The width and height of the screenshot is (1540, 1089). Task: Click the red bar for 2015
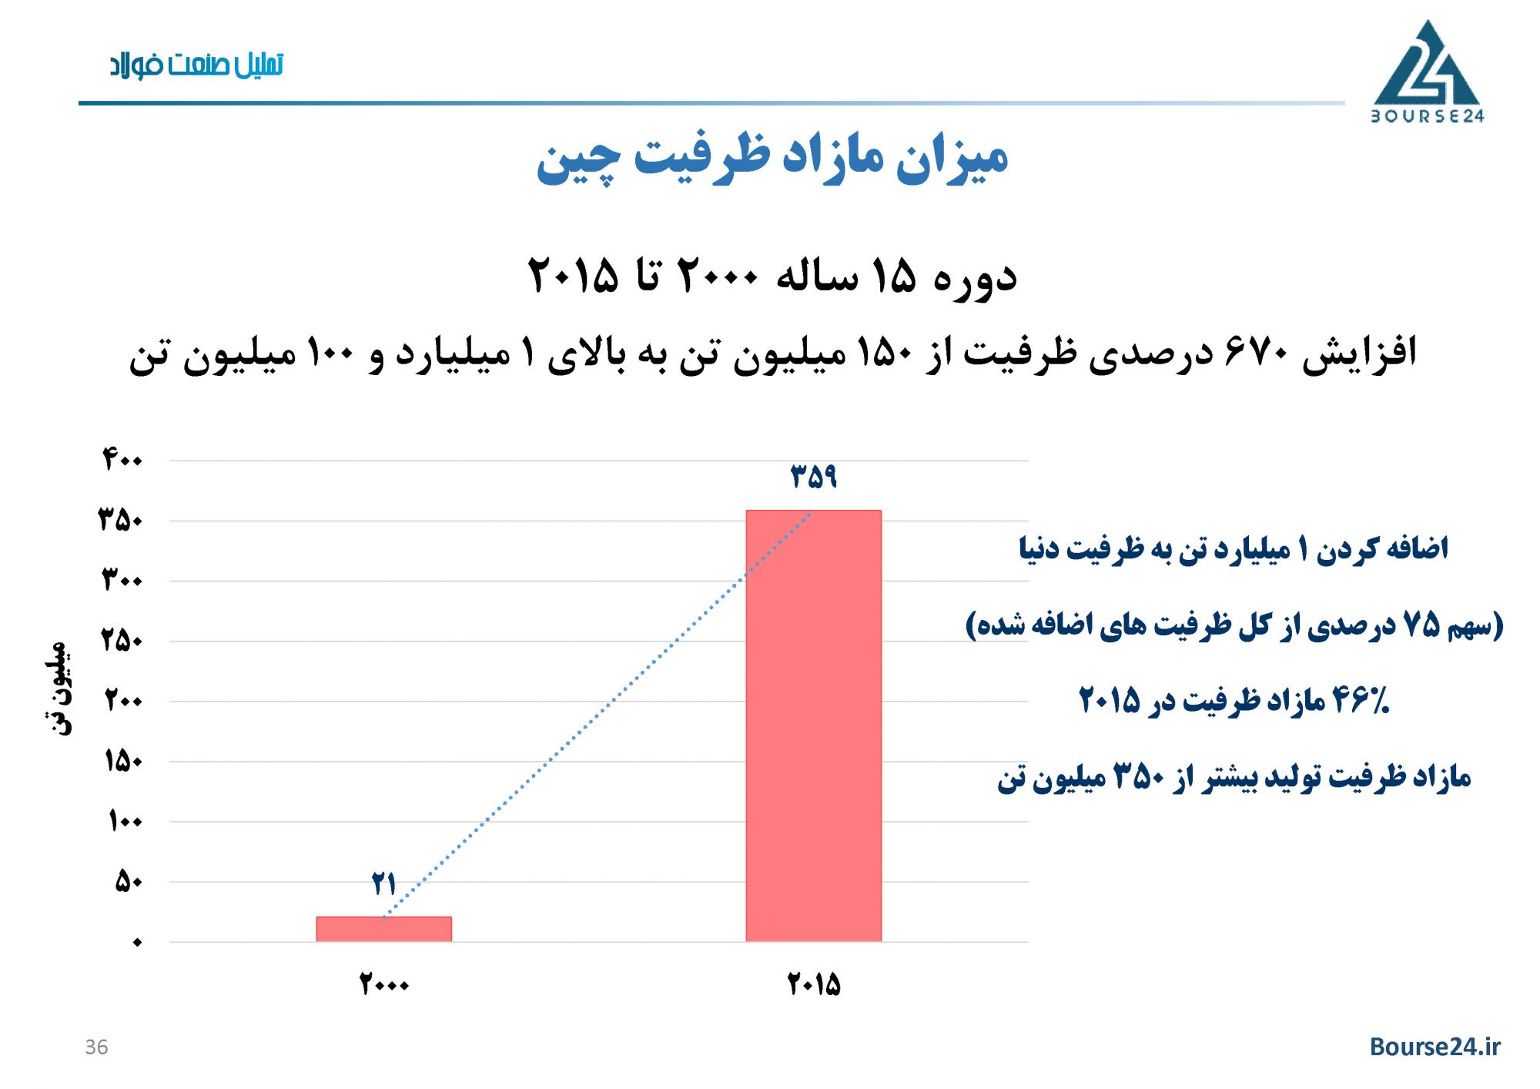(813, 725)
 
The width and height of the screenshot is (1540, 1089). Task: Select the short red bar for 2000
(383, 929)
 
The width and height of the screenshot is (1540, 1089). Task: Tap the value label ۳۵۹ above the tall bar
(814, 476)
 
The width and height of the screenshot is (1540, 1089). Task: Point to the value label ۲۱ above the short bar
(383, 883)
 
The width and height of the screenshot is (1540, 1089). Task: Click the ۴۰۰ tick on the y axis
(122, 460)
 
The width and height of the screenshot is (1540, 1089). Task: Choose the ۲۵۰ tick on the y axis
(122, 641)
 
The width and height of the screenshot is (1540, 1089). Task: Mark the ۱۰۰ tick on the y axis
(125, 821)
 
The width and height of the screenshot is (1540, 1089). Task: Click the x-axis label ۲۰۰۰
(383, 984)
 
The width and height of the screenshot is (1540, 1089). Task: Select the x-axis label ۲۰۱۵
(813, 984)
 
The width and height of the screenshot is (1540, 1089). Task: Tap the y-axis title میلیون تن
(59, 688)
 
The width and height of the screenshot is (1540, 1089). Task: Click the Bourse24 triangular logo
(1427, 71)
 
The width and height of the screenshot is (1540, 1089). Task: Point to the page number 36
(96, 1047)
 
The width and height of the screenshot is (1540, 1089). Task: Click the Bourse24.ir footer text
(1435, 1047)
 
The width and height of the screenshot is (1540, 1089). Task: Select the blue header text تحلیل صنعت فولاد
(196, 65)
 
